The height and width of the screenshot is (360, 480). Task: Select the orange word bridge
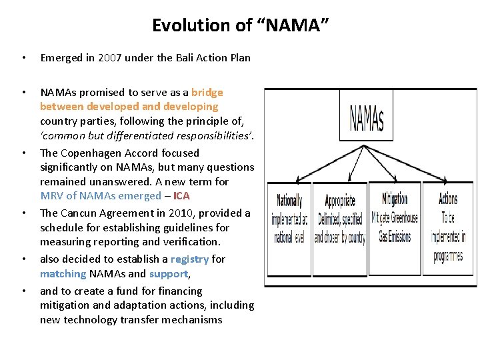(207, 92)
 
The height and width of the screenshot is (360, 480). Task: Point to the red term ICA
(181, 196)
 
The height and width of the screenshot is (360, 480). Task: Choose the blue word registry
(189, 259)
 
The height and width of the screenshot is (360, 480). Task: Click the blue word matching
(63, 274)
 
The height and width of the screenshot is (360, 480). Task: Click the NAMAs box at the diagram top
(367, 117)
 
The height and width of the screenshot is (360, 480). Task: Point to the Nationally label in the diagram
(289, 201)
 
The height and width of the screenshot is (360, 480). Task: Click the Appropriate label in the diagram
(340, 201)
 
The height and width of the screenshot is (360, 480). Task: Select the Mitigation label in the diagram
(395, 198)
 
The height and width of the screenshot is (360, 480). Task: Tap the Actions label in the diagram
(448, 199)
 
